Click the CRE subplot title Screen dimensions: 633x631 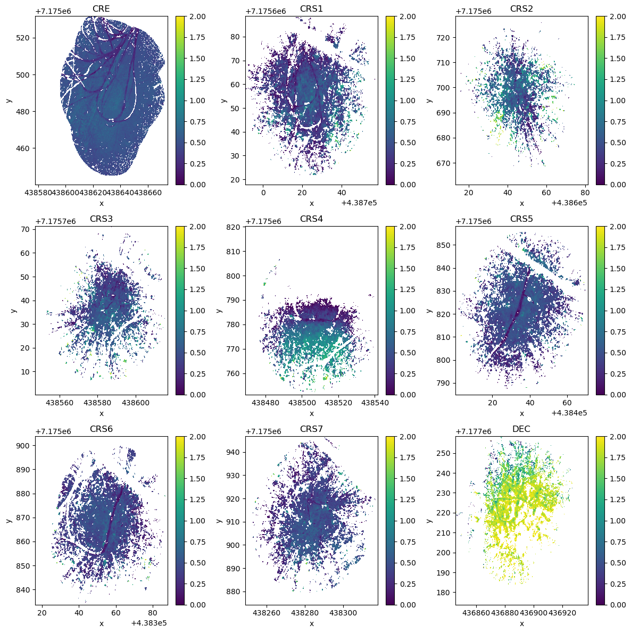pos(101,9)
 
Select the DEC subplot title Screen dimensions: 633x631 pos(521,429)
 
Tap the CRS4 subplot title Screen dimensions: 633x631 pos(311,219)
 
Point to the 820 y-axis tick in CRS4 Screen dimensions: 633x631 pos(235,227)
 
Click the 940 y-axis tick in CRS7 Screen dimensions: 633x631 pos(235,452)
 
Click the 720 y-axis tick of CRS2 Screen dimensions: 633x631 pos(445,37)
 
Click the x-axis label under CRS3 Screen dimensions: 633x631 pos(101,413)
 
